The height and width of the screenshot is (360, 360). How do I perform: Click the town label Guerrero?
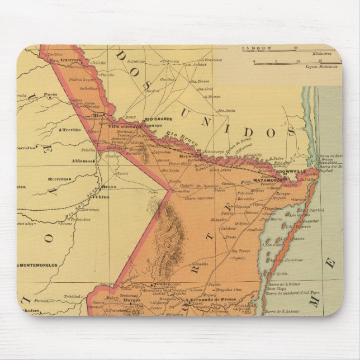(x=72, y=60)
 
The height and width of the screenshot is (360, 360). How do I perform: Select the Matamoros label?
(x=267, y=181)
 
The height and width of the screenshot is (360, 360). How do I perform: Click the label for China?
(x=104, y=197)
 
